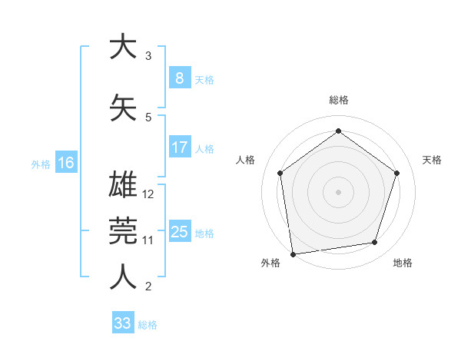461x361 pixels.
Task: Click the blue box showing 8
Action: tap(179, 78)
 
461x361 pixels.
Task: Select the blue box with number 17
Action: tap(179, 147)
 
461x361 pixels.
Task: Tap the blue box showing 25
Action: tap(179, 232)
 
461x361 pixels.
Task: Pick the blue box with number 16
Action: tap(65, 163)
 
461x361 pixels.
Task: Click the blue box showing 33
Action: tap(122, 323)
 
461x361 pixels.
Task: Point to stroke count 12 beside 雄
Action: tap(149, 194)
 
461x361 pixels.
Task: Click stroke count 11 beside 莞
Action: tap(148, 240)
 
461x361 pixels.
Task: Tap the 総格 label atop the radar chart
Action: tap(339, 100)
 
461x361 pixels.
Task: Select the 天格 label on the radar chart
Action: tap(432, 160)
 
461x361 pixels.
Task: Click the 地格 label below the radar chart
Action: tap(403, 263)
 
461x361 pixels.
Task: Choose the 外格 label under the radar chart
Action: tap(270, 263)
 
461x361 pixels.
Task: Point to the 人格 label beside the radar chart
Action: tap(246, 160)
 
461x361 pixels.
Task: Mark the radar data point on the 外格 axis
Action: tap(293, 253)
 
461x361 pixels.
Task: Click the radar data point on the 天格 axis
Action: tap(396, 173)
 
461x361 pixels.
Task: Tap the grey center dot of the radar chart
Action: tap(339, 191)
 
